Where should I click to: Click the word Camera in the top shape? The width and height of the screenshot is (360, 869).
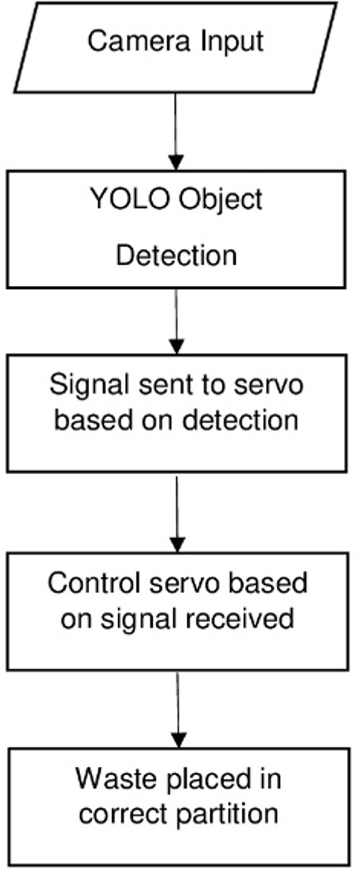pyautogui.click(x=131, y=40)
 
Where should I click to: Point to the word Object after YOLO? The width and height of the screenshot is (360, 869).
pyautogui.click(x=218, y=200)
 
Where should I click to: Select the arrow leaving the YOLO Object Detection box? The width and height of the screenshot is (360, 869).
pyautogui.click(x=176, y=320)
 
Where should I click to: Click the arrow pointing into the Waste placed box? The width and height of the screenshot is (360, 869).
pyautogui.click(x=176, y=715)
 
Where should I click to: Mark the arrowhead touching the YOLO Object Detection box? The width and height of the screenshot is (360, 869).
pyautogui.click(x=176, y=161)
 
